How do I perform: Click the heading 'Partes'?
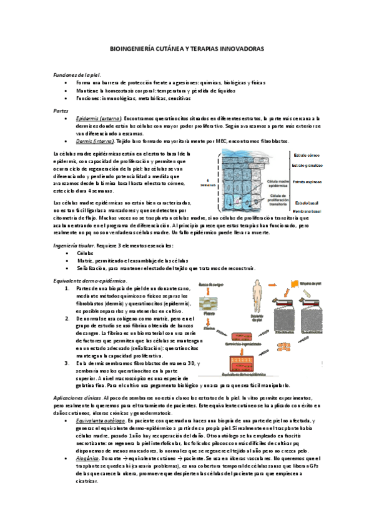(x=61, y=110)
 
